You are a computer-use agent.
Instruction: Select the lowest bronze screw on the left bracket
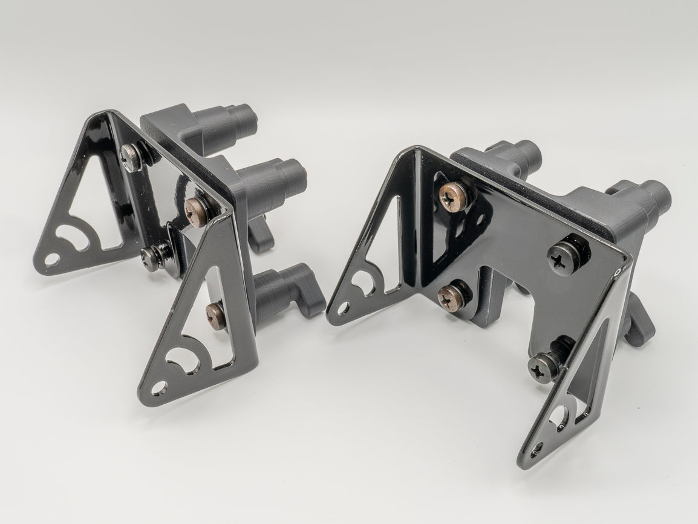[215, 314]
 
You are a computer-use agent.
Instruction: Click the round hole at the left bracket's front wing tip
[160, 385]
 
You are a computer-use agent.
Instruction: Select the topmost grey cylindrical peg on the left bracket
[239, 120]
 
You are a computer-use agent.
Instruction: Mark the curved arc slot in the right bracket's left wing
[362, 281]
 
